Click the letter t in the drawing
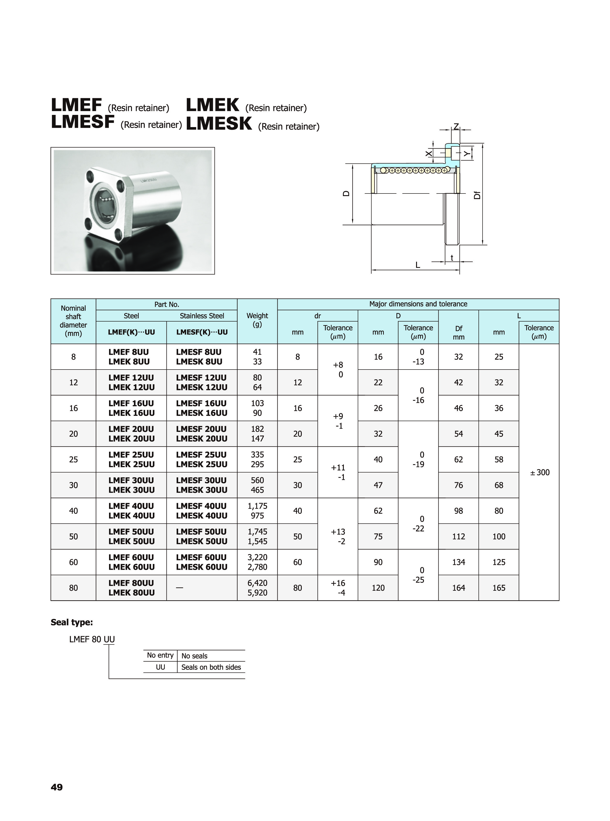click(452, 258)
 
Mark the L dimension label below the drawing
click(418, 265)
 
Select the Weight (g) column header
click(257, 320)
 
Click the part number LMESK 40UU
click(201, 516)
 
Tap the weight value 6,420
click(257, 583)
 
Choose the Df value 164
click(459, 588)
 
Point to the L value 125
click(499, 562)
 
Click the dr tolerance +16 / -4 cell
click(338, 588)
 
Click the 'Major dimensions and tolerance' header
click(418, 304)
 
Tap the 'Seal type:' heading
click(72, 622)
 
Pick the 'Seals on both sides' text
click(211, 667)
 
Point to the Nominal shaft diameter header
click(73, 321)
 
